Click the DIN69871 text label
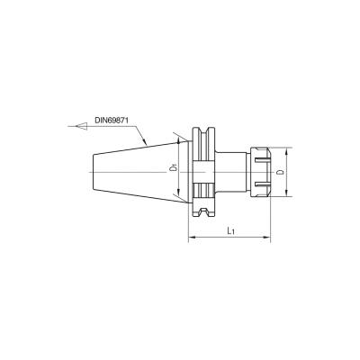[x=112, y=121]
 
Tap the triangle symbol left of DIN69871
[x=81, y=126]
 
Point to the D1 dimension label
[x=172, y=167]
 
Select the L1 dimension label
[x=230, y=230]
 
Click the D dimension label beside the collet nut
[x=280, y=172]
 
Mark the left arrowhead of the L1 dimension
[x=192, y=238]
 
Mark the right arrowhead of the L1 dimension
[x=267, y=238]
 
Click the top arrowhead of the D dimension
[x=286, y=151]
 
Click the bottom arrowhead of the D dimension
[x=286, y=193]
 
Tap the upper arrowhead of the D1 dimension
[x=179, y=141]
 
